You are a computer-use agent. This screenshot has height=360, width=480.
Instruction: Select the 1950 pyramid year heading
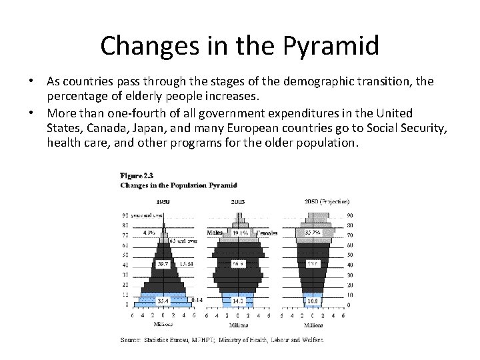[163, 201]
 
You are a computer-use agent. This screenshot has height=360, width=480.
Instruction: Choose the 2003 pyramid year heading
[239, 201]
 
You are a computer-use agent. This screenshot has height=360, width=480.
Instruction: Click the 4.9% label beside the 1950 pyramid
[149, 233]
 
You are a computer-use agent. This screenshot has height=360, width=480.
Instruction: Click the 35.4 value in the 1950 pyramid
[162, 301]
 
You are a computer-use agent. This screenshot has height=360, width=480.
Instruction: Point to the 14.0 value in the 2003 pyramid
[239, 301]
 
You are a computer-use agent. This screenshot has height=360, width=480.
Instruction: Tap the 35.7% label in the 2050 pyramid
[313, 233]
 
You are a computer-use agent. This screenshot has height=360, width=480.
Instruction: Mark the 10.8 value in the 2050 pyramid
[313, 301]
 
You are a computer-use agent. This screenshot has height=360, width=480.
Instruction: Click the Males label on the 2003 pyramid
[215, 233]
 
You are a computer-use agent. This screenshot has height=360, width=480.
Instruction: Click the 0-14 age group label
[197, 301]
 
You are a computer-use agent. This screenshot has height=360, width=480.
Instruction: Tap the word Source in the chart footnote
[130, 340]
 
